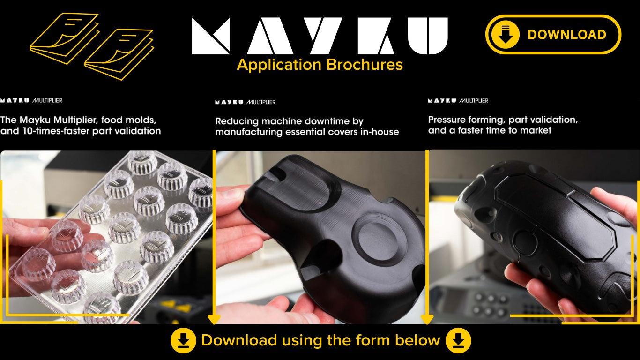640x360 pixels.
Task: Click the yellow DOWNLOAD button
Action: (553, 34)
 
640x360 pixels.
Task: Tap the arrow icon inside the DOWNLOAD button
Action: (505, 34)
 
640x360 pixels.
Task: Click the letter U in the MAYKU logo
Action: (428, 36)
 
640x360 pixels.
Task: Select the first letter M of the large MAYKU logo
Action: (211, 36)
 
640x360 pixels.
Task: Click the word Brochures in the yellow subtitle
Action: (365, 65)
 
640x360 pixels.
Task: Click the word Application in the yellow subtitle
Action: (279, 65)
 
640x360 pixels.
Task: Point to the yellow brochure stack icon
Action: (92, 46)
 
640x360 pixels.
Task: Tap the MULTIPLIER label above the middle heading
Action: (261, 102)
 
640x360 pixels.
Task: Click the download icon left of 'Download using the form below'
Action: (184, 340)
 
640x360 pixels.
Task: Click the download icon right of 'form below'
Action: (458, 340)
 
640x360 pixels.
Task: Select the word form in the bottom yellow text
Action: (372, 340)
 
